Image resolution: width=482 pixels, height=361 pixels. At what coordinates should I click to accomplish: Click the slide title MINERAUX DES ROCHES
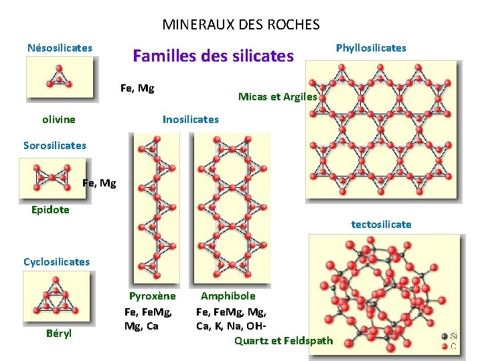pyautogui.click(x=241, y=25)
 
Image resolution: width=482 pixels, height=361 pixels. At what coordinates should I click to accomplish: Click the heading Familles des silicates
pyautogui.click(x=213, y=55)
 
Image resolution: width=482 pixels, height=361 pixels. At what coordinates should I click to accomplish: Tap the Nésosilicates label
pyautogui.click(x=60, y=48)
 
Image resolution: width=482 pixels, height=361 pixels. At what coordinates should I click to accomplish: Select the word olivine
pyautogui.click(x=59, y=120)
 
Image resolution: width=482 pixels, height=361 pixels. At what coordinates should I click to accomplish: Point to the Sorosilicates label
pyautogui.click(x=54, y=145)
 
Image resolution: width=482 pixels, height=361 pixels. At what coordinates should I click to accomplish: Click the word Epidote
pyautogui.click(x=50, y=209)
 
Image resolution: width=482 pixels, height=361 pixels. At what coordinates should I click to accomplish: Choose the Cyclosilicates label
pyautogui.click(x=56, y=261)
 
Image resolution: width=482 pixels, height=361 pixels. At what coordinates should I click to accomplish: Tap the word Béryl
pyautogui.click(x=59, y=333)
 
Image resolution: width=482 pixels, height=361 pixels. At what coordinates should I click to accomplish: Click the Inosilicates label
pyautogui.click(x=191, y=120)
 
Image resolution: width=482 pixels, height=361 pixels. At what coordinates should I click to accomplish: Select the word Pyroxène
pyautogui.click(x=153, y=296)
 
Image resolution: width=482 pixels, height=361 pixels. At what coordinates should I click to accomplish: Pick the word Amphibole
pyautogui.click(x=228, y=295)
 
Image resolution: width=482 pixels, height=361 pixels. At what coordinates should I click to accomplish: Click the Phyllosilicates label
pyautogui.click(x=371, y=48)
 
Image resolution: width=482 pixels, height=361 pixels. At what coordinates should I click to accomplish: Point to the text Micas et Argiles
pyautogui.click(x=278, y=96)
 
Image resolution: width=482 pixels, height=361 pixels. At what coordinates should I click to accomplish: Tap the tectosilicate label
pyautogui.click(x=382, y=225)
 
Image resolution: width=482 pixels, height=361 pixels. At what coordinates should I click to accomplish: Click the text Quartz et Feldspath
pyautogui.click(x=283, y=341)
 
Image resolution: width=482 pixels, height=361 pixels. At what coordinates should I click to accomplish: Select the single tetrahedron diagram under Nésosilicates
pyautogui.click(x=60, y=78)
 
